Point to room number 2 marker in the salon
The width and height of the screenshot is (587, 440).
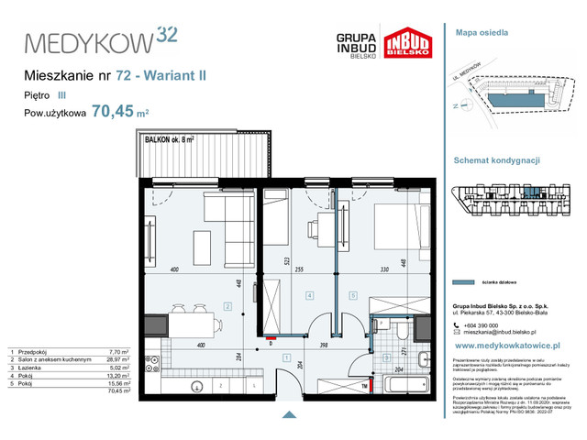pos(226,306)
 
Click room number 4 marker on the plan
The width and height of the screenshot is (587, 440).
pos(310,295)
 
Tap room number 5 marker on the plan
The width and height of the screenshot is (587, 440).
pos(353,295)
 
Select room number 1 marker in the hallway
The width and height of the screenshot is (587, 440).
pos(286,357)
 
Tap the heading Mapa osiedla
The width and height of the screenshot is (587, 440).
pos(482,33)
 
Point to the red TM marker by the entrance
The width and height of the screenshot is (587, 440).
pos(365,386)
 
